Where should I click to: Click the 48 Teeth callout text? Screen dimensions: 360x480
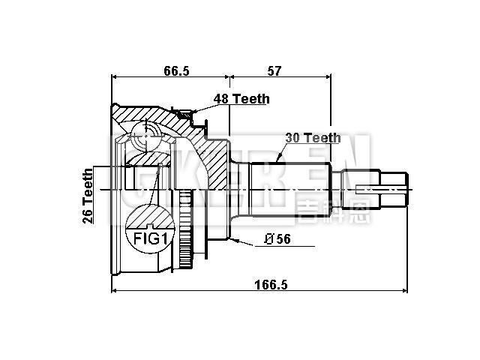point(241,99)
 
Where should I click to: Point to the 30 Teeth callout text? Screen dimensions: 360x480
point(313,138)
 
